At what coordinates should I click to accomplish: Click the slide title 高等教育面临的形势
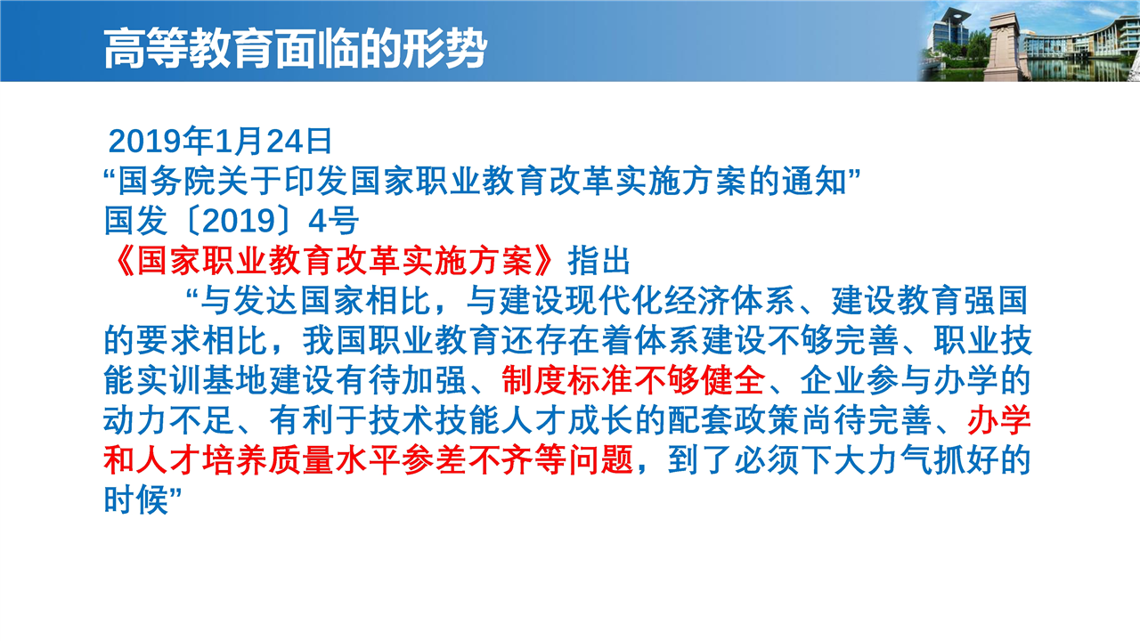click(x=295, y=49)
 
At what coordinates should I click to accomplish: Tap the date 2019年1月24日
click(x=220, y=141)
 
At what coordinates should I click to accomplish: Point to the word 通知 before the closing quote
click(x=814, y=181)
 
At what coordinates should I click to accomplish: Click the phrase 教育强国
click(x=964, y=300)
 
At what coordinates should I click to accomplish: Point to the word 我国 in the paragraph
click(x=336, y=340)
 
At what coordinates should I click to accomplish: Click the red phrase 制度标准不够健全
click(x=633, y=380)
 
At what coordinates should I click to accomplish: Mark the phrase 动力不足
click(x=169, y=420)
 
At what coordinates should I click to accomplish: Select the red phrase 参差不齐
click(x=468, y=460)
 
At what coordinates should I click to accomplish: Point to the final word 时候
click(x=136, y=499)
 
